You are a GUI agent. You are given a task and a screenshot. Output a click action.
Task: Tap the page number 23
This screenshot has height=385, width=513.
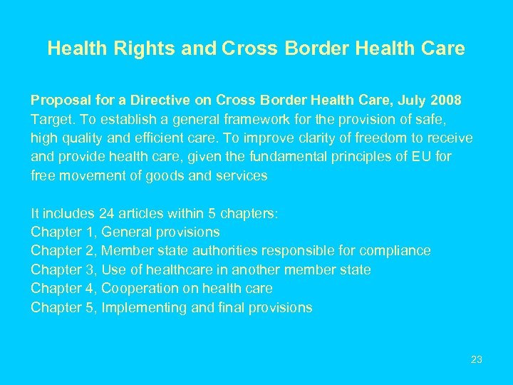point(477,359)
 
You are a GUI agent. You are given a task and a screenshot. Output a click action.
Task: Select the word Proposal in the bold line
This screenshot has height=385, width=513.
point(57,100)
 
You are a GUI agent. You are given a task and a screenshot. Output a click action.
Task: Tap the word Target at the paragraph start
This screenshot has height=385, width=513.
point(49,119)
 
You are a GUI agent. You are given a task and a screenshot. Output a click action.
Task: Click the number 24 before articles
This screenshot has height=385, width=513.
point(88,213)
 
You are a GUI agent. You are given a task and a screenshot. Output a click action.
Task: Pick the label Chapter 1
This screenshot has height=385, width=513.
point(64,232)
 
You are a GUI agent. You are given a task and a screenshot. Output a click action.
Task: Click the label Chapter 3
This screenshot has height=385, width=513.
point(64,269)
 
